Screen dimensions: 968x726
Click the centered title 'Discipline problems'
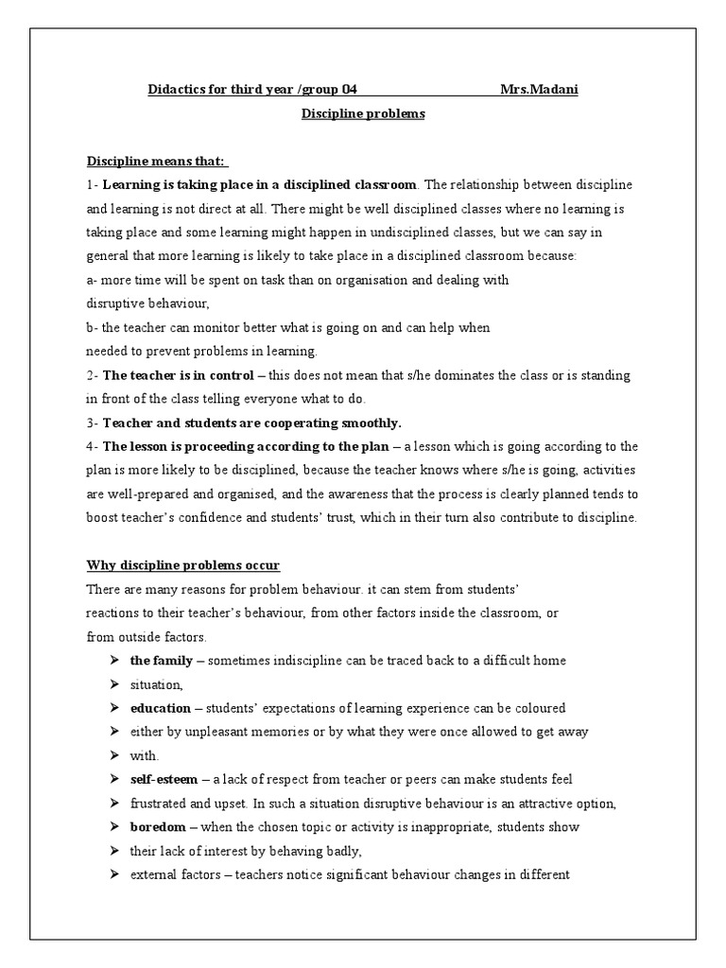[363, 113]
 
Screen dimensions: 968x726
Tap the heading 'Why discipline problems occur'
[183, 565]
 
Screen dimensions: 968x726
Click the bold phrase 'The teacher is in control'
[178, 375]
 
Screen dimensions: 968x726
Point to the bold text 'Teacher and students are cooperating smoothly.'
[252, 423]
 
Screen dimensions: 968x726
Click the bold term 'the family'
[161, 661]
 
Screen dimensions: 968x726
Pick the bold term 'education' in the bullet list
[161, 708]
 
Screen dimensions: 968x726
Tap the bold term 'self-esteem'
[164, 780]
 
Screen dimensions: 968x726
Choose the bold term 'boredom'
[156, 827]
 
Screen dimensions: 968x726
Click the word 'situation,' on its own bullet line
[156, 684]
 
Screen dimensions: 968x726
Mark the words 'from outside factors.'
[147, 636]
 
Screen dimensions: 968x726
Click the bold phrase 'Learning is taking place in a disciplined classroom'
[259, 184]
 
